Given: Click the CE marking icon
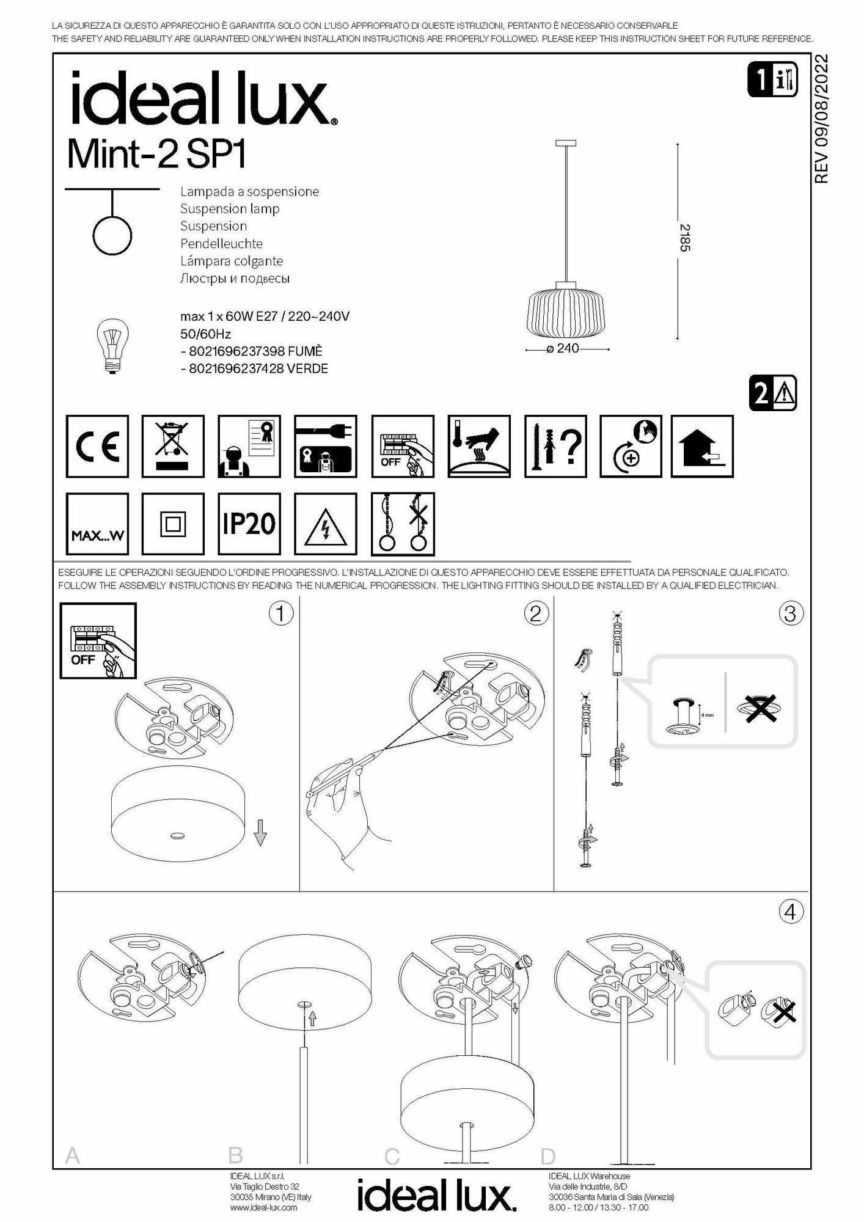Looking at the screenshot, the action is pos(97,446).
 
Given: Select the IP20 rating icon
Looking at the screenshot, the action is pos(249,524).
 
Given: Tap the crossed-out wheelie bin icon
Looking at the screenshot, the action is pos(173,446).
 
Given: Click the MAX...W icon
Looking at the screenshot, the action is pos(97,524).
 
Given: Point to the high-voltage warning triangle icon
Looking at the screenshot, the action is pos(326,524).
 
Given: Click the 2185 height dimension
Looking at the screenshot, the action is pos(686,238).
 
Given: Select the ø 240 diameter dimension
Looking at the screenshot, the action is pos(563,348).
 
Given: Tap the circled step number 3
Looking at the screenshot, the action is pos(789,613).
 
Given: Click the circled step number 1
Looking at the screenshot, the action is pos(281,613).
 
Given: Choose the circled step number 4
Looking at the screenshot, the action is pos(789,912).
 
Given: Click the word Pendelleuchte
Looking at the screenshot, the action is pos(221,243).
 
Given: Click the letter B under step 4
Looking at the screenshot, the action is pos(235,1155).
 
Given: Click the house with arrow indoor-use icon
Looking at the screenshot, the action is pos(702,446).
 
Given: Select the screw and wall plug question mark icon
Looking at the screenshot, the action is pos(555,446).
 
